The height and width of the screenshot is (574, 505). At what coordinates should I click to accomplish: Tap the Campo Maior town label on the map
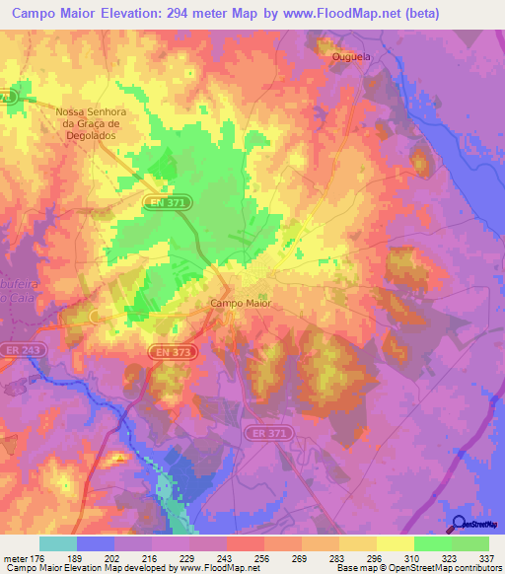241,304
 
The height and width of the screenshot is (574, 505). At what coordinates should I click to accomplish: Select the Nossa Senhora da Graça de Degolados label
89,123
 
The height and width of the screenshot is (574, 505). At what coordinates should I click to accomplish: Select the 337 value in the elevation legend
487,558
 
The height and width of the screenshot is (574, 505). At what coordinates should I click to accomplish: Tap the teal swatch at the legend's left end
58,543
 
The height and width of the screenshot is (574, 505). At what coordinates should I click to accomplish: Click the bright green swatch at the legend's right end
470,543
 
